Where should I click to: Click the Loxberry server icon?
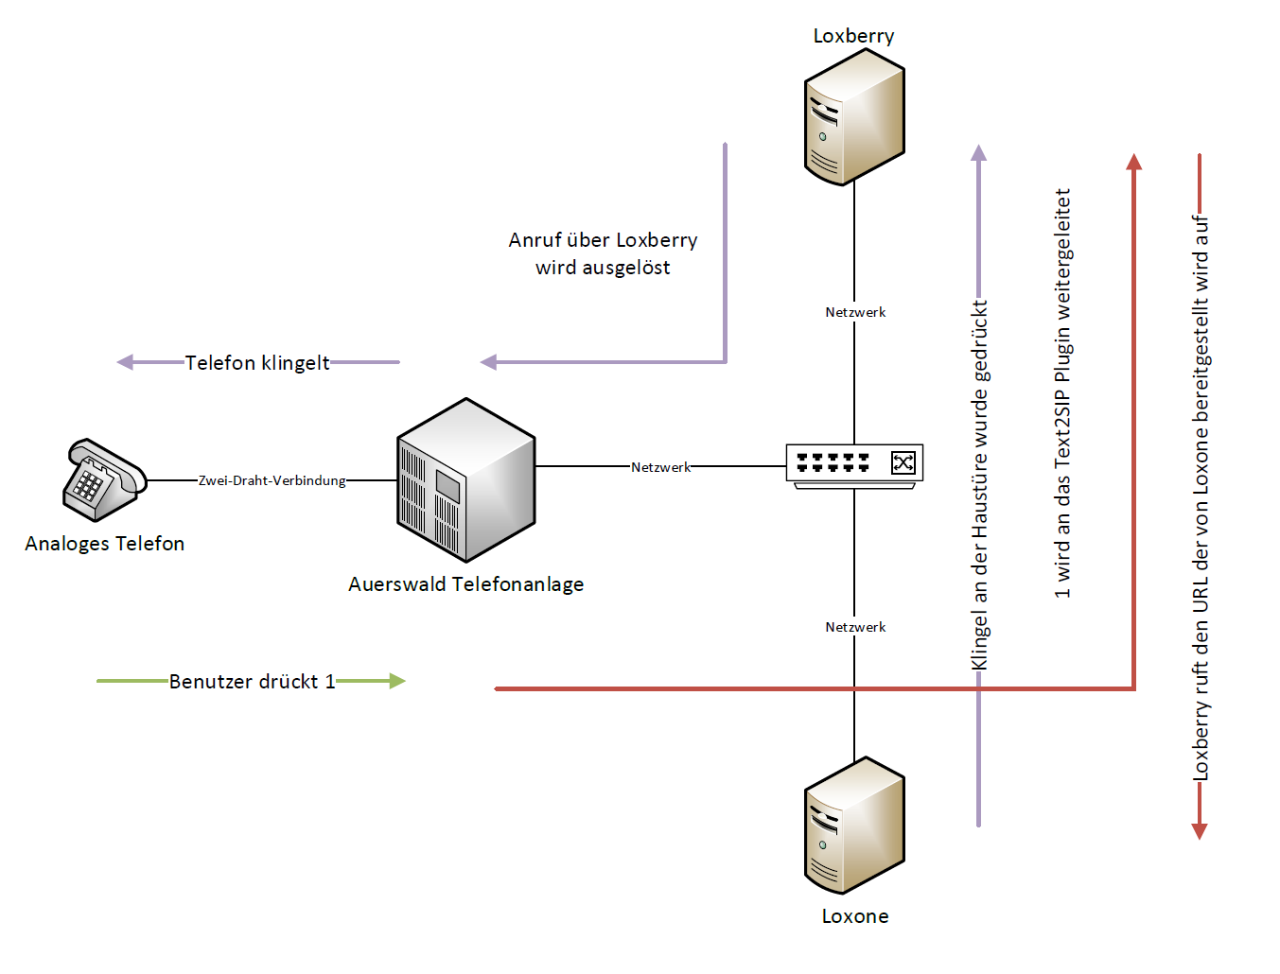854,117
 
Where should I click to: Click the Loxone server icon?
854,826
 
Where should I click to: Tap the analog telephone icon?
103,479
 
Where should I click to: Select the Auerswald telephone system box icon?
465,479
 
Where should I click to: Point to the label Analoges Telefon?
105,544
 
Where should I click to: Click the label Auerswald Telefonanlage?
465,584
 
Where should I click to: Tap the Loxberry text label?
853,36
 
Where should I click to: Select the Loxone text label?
854,916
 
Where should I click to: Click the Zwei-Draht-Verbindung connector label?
272,480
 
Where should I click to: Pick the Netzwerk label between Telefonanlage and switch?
660,467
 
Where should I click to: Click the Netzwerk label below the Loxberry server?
855,312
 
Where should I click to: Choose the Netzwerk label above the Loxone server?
855,627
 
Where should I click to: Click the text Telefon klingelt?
257,363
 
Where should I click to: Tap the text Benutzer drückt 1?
252,682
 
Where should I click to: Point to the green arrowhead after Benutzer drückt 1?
397,681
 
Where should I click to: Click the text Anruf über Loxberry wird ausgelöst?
603,253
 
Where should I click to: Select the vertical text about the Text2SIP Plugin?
1062,392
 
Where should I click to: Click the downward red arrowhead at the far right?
1200,831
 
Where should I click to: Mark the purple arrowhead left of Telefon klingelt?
125,362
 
